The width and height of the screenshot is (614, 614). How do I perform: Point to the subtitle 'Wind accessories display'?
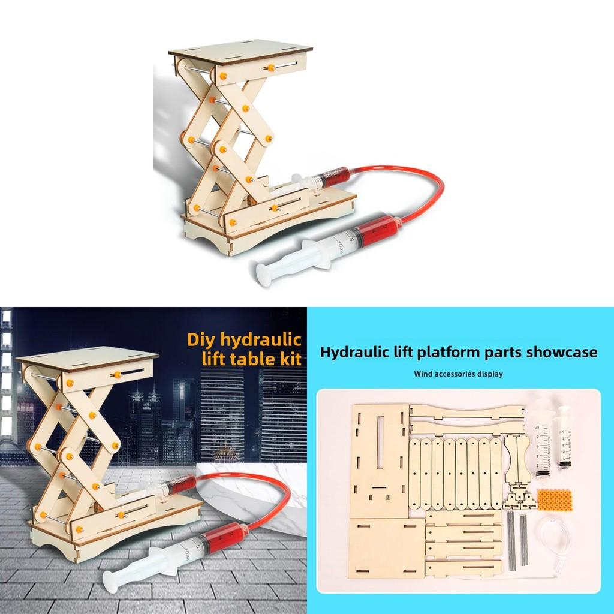pos(458,374)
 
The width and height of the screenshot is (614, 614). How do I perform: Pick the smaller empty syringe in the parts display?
pos(564,436)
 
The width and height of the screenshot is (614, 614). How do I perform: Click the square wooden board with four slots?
pos(386,547)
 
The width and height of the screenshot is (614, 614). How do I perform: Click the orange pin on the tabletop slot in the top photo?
pos(270,68)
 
